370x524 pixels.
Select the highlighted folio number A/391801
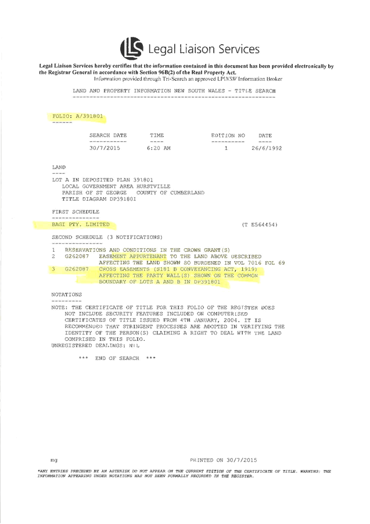(89, 116)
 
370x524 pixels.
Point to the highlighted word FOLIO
(62, 116)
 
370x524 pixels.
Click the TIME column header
(157, 136)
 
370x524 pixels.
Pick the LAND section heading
(59, 167)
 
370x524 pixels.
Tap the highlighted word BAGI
(59, 224)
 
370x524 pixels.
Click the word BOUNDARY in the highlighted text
(117, 282)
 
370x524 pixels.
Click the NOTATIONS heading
(66, 295)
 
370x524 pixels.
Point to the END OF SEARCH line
(118, 358)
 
